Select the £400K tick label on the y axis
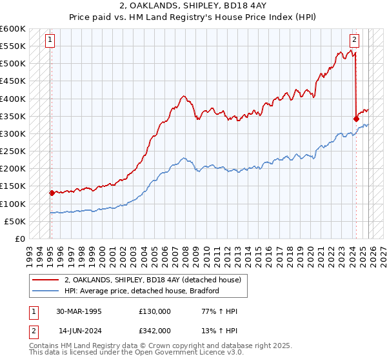[x=13, y=99]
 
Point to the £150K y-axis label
[x=13, y=186]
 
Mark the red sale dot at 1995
[x=52, y=193]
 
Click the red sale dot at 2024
[x=356, y=119]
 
